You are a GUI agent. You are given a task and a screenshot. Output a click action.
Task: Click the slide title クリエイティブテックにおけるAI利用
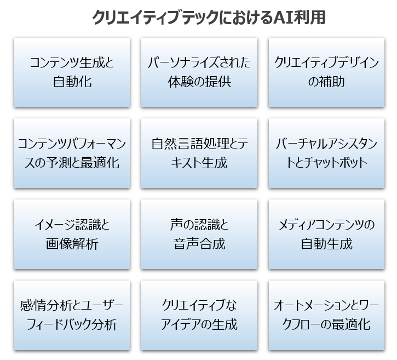[x=209, y=18]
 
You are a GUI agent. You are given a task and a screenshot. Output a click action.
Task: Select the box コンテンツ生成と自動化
[x=72, y=72]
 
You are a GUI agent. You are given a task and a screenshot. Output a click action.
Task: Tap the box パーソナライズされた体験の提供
[x=199, y=72]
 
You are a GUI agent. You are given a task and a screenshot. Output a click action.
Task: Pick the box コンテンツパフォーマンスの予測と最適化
[x=72, y=153]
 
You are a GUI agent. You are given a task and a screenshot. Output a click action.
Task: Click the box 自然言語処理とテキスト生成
[x=199, y=153]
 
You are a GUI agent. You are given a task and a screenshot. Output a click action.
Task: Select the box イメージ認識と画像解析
[x=72, y=235]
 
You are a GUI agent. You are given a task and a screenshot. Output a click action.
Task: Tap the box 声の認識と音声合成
[x=199, y=235]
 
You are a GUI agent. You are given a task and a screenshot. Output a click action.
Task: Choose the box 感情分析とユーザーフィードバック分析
[x=72, y=315]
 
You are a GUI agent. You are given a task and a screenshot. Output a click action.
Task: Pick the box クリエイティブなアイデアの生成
[x=199, y=315]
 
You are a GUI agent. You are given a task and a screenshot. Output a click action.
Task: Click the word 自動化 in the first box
[x=72, y=82]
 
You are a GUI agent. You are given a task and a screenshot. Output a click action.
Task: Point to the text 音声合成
[x=199, y=244]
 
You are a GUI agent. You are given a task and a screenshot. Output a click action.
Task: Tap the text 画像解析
[x=72, y=244]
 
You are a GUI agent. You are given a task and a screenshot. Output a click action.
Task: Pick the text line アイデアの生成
[x=199, y=325]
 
